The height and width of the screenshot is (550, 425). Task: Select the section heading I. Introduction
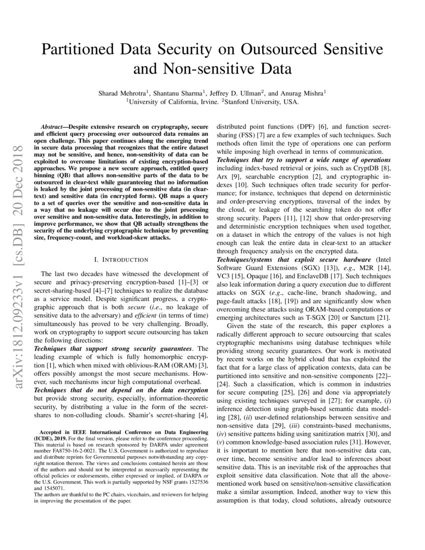[x=120, y=259]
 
